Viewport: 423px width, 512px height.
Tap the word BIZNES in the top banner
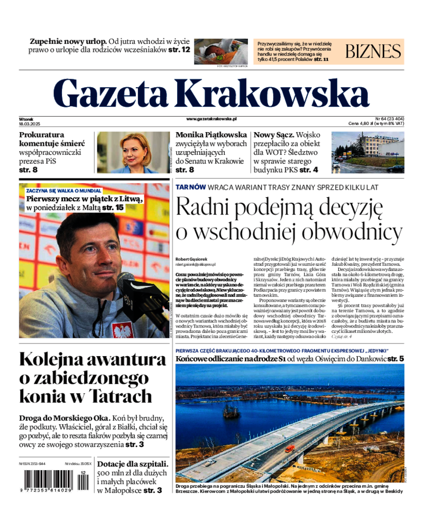click(373, 51)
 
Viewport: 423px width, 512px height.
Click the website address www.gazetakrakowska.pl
click(211, 119)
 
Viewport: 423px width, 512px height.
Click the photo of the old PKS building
click(367, 152)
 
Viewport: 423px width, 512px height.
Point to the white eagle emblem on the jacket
click(123, 330)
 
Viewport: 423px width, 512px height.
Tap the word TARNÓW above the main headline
click(190, 187)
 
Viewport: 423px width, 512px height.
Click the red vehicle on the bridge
click(290, 449)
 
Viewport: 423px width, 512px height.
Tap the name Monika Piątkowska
click(211, 135)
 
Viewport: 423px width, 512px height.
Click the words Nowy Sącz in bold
click(273, 135)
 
